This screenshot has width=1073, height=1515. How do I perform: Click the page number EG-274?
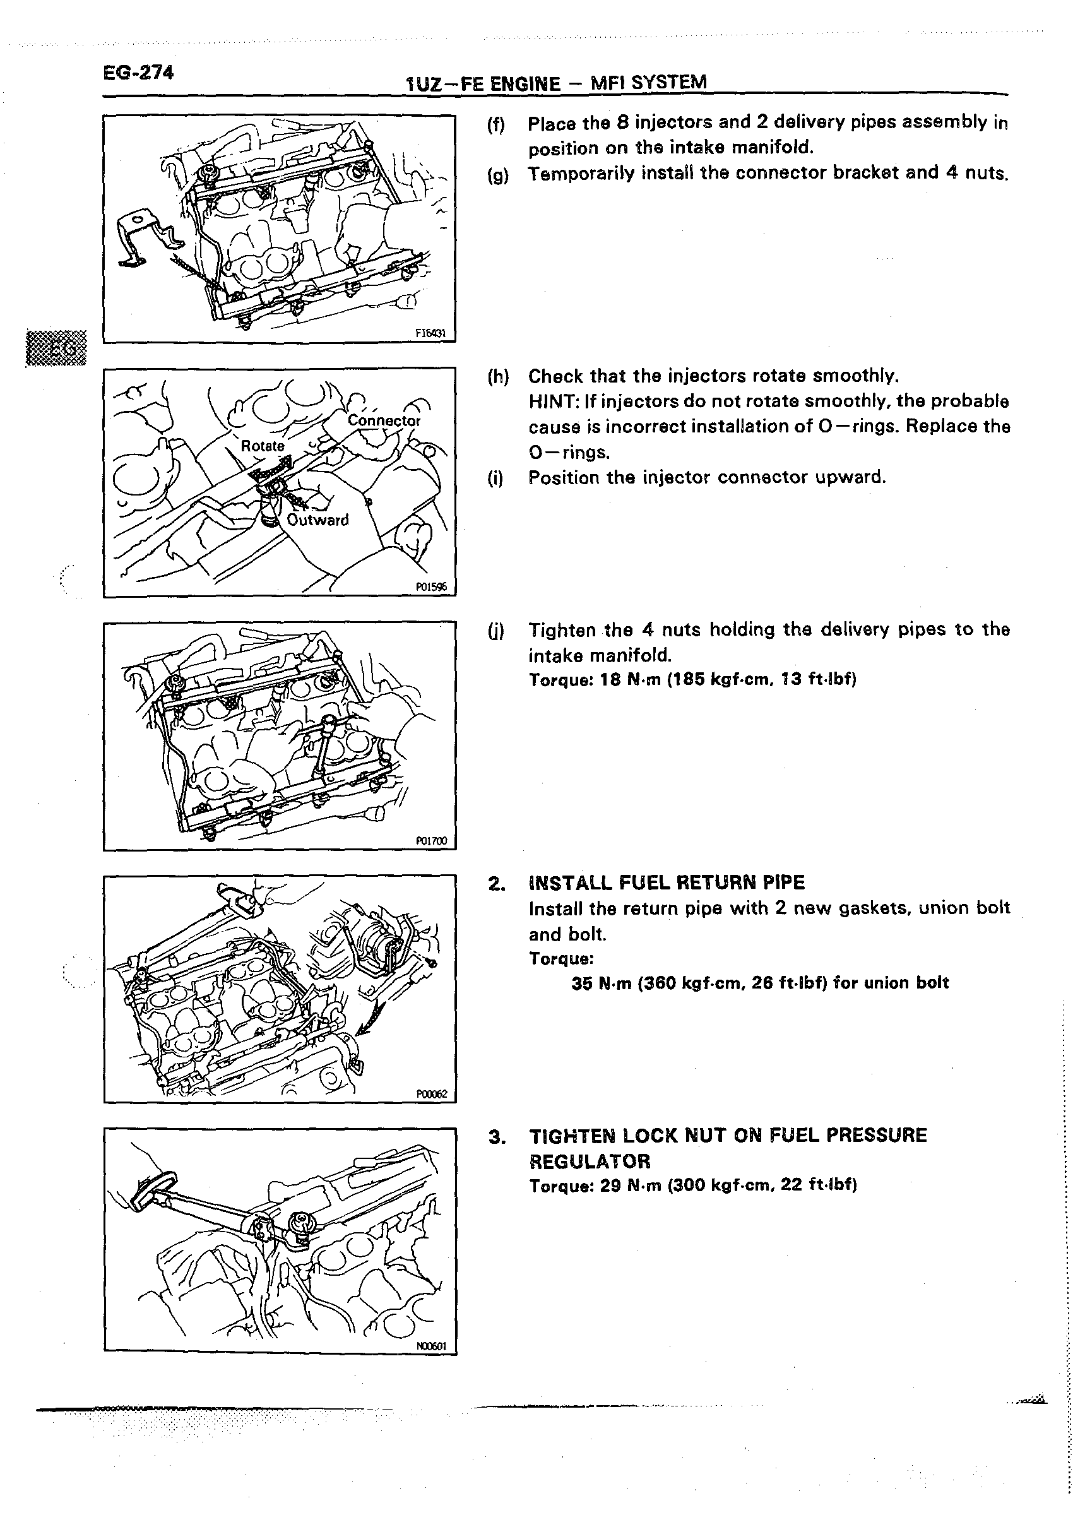138,72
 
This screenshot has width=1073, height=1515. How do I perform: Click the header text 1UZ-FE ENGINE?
483,84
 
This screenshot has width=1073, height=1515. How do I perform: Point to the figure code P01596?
431,586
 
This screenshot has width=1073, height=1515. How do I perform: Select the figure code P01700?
431,841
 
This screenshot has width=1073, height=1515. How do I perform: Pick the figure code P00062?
432,1094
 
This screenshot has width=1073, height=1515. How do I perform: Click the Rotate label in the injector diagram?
263,446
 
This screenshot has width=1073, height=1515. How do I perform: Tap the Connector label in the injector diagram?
384,421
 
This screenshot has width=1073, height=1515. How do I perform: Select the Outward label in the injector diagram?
317,520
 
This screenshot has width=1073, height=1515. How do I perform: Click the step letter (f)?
495,124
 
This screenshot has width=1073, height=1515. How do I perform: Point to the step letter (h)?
497,377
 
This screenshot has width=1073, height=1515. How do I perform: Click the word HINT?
550,401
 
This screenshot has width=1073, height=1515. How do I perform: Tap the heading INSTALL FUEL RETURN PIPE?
667,882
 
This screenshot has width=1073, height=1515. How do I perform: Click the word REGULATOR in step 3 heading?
590,1161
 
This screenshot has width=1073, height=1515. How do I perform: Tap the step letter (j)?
495,631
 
